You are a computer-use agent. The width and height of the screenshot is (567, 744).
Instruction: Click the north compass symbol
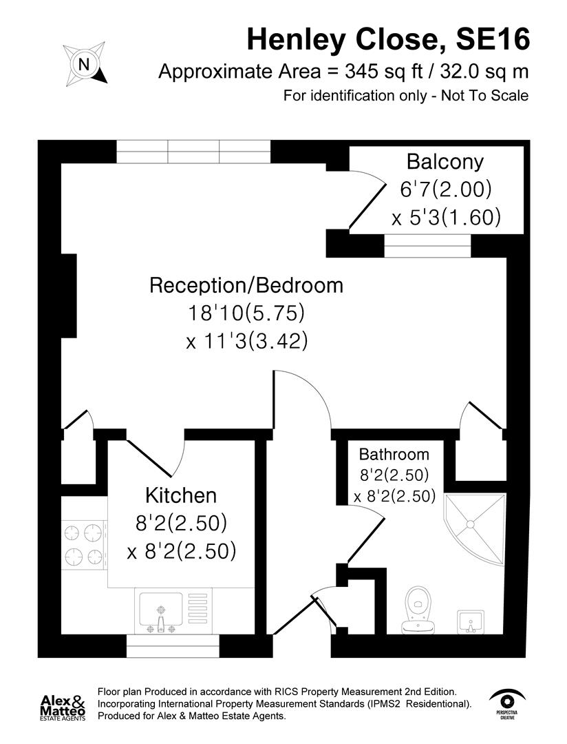point(85,64)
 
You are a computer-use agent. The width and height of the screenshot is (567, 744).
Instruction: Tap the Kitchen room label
point(181,495)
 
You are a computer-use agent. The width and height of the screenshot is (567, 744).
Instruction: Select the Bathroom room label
point(394,455)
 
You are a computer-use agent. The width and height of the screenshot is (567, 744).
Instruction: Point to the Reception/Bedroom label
point(246,285)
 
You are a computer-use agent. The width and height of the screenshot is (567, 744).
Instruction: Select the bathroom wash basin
point(472,621)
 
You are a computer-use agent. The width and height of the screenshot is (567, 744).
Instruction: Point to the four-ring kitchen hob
point(83,544)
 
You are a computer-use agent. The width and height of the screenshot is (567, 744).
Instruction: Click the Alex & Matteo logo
point(63,707)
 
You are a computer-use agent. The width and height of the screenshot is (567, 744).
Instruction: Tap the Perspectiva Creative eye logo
point(509,702)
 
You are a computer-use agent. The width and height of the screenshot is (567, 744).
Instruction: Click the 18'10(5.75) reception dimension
point(246,313)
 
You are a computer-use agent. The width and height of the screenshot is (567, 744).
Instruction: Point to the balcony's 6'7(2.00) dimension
point(445,189)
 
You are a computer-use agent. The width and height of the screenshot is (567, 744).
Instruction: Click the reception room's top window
point(193,152)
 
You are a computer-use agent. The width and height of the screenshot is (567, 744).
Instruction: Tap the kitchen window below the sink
point(173,646)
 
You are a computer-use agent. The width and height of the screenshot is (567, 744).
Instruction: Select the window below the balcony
point(427,245)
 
